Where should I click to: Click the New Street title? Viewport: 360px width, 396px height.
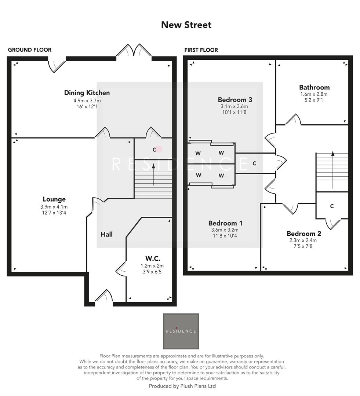point(186,25)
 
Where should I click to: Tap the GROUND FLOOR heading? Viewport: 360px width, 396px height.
point(29,50)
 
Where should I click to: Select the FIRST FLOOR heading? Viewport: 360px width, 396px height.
point(201,50)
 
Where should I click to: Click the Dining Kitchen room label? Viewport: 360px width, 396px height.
point(87,93)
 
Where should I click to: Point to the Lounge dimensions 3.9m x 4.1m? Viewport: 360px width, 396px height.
point(54,207)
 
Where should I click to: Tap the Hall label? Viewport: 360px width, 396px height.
point(106,234)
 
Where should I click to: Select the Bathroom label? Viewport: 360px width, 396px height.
point(314,87)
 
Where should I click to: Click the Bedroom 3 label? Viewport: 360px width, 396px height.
point(235,100)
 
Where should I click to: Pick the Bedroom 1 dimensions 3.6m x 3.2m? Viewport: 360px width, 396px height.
point(225,230)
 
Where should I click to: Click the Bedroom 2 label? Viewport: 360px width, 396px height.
point(304,234)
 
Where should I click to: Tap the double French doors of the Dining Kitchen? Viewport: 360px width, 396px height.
point(134,51)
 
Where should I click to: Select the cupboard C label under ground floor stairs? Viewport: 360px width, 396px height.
point(155,149)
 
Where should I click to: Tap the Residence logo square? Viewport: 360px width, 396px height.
point(181,331)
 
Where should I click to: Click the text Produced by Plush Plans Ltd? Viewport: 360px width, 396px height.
point(182,386)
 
